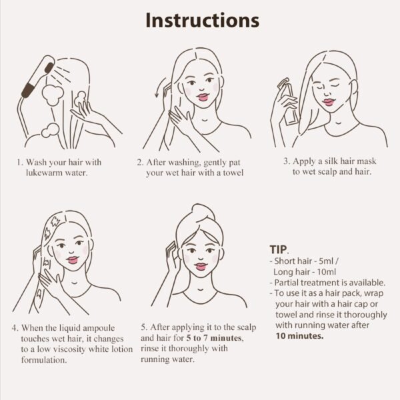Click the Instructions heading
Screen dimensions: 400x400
coord(202,20)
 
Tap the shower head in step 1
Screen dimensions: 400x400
coord(39,77)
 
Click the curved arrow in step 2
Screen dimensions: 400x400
coord(161,88)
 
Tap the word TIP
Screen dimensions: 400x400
coord(278,250)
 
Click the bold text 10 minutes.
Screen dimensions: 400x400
coord(299,336)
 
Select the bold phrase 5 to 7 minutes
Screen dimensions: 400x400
coord(214,338)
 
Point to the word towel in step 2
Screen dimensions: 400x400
coord(233,173)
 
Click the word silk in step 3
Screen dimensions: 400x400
coord(331,161)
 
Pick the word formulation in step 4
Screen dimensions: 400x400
coord(44,360)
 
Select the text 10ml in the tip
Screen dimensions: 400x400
coord(326,272)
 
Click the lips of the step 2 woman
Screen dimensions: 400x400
coord(203,97)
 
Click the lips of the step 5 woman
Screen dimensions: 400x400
coord(201,267)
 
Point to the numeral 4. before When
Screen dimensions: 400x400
coord(15,328)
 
